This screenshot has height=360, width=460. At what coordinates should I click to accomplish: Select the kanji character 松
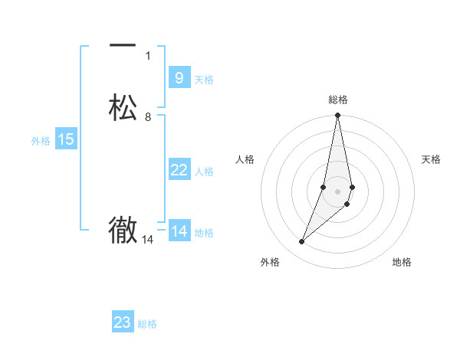point(123,107)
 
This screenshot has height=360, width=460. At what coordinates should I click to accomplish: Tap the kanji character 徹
point(123,230)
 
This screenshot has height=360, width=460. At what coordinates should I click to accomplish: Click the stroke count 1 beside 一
point(148,55)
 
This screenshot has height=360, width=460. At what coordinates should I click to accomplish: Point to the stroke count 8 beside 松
point(148,116)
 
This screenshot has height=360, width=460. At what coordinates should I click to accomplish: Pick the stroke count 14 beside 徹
point(148,240)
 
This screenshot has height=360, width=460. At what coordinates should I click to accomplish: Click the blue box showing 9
point(179,77)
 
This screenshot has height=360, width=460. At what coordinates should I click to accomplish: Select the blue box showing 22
point(179,170)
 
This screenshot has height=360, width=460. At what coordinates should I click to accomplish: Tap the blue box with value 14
point(179,231)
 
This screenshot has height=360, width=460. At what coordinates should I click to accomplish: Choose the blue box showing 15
point(65,139)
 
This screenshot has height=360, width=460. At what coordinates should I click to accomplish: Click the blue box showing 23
point(123,322)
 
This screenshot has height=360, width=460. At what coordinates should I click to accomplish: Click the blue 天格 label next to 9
point(204,80)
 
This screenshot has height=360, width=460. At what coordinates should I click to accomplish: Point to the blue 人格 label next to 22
point(204,172)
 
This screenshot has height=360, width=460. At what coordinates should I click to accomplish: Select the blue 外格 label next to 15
point(40,141)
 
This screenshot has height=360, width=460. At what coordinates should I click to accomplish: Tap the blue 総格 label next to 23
point(147,324)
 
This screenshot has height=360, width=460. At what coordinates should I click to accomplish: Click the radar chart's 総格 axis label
point(338,100)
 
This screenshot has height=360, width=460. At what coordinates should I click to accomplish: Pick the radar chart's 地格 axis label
point(402,262)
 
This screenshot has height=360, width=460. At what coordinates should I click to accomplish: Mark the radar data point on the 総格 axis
point(338,116)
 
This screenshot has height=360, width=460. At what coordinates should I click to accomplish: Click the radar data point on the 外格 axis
point(302,242)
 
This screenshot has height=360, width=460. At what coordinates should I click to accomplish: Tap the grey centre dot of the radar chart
point(338,191)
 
